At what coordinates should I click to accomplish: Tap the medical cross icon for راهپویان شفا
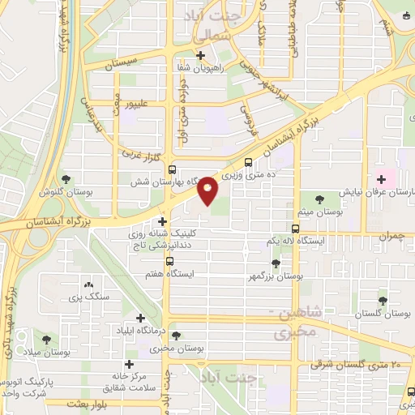(x=201, y=57)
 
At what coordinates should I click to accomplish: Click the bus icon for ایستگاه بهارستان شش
(x=172, y=169)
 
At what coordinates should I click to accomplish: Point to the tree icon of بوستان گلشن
(x=66, y=180)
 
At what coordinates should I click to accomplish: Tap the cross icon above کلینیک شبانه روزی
(x=164, y=220)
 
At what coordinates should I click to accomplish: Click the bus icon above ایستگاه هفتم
(x=169, y=261)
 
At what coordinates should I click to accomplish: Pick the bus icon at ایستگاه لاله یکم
(x=296, y=229)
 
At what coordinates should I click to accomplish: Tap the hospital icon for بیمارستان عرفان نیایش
(x=379, y=178)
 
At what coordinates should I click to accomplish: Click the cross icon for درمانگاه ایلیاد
(x=141, y=319)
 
